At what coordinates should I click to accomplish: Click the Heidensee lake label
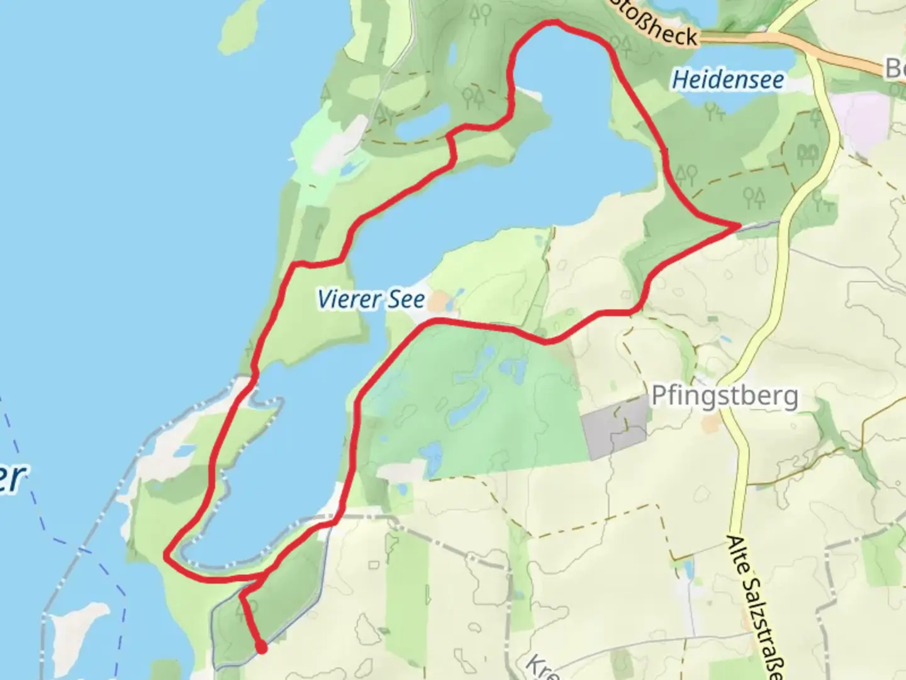[x=728, y=80]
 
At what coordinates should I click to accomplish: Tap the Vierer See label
[x=371, y=299]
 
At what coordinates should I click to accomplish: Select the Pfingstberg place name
[x=724, y=396]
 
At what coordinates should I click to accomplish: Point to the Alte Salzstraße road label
[x=752, y=608]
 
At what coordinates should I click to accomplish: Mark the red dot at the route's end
[x=260, y=647]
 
